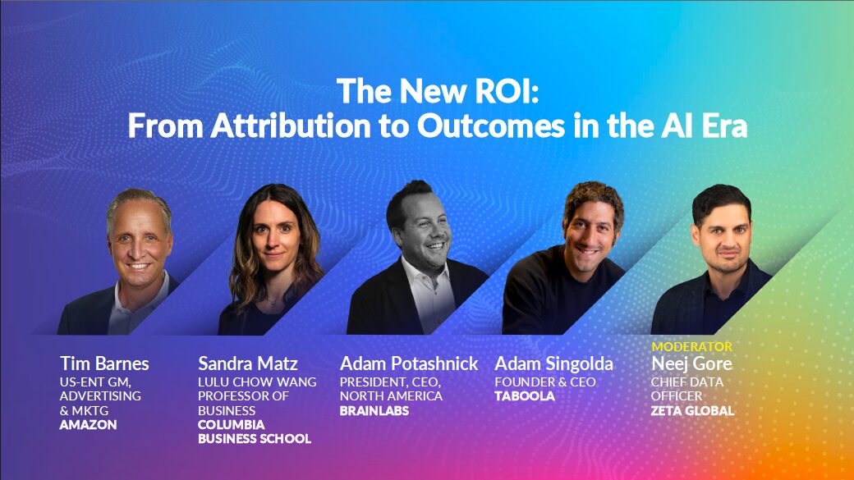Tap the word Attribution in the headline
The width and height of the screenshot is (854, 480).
tap(291, 126)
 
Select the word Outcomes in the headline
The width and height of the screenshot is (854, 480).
tap(491, 126)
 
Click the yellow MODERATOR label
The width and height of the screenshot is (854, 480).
tap(691, 346)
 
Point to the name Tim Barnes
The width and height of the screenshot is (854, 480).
tap(104, 363)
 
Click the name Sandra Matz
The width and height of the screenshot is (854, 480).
tap(247, 363)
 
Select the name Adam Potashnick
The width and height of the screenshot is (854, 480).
tap(408, 363)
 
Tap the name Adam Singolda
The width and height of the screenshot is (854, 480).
tap(553, 363)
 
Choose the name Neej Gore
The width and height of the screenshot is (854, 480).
tap(691, 363)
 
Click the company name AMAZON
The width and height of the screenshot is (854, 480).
tap(88, 424)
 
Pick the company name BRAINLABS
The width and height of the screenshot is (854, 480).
tap(374, 410)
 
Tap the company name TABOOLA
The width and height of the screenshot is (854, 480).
tap(525, 395)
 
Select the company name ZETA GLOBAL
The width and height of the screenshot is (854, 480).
tap(692, 410)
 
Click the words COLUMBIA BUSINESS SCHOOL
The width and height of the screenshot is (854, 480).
tap(255, 432)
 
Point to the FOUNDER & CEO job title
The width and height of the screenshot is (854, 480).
tap(544, 382)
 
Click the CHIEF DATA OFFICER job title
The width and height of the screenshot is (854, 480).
tap(686, 389)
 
